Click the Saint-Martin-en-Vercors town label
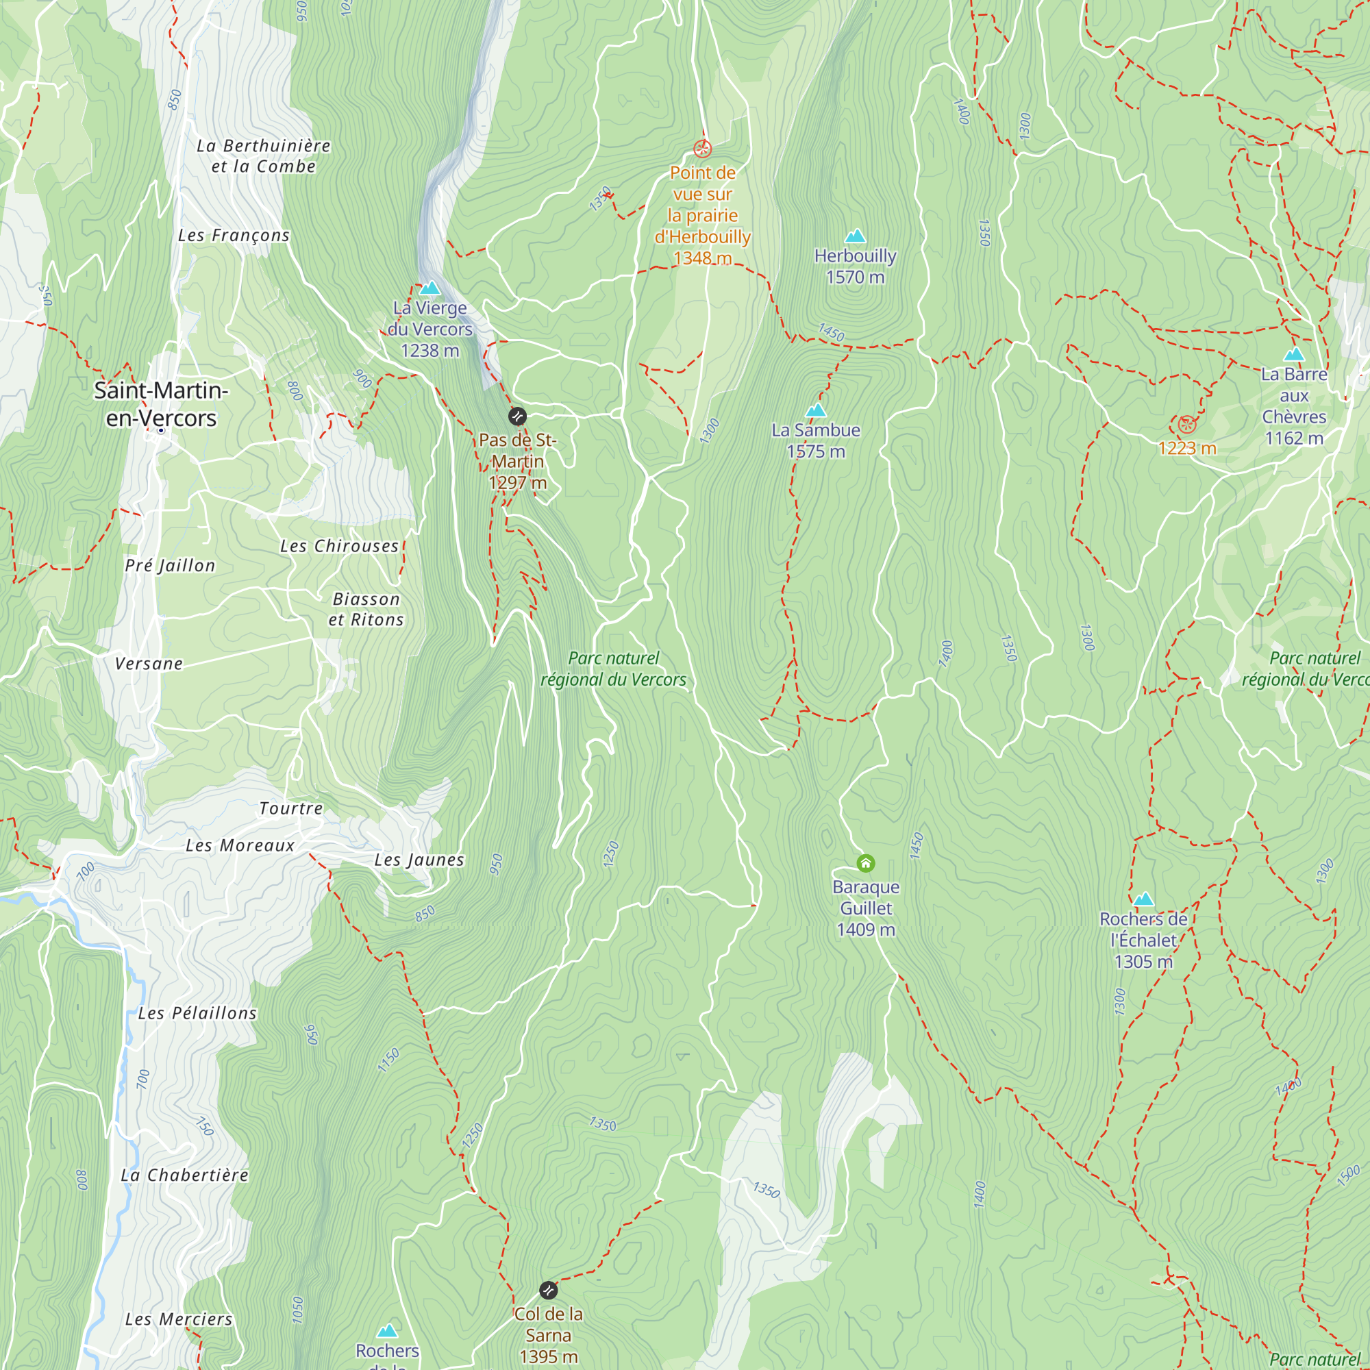click(161, 404)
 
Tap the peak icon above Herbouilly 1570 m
click(855, 236)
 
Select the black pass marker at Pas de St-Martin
click(518, 416)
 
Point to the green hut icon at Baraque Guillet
click(866, 863)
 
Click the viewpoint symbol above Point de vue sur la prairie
click(702, 149)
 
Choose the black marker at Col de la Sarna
click(548, 1290)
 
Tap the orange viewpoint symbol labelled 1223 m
click(1187, 425)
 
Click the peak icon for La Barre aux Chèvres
click(1294, 355)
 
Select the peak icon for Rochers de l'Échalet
click(1143, 900)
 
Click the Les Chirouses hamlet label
click(339, 546)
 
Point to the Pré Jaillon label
click(170, 565)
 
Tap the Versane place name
click(149, 664)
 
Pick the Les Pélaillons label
click(197, 1013)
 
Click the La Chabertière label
click(184, 1175)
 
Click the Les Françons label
click(234, 236)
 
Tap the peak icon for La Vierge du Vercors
click(429, 288)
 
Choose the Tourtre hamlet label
click(290, 808)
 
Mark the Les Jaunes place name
click(419, 860)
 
